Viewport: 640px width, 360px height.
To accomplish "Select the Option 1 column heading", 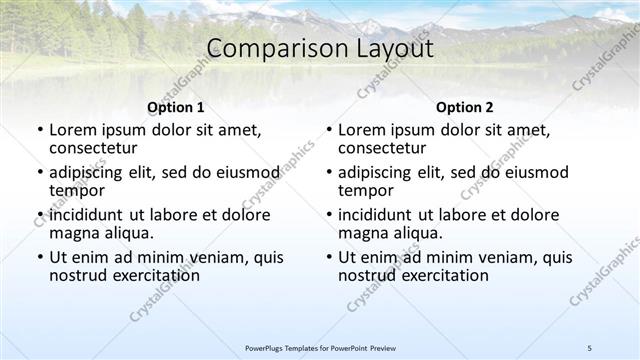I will [175, 107].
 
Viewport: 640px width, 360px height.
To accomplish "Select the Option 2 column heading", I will [464, 107].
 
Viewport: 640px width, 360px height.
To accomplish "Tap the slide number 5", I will [590, 347].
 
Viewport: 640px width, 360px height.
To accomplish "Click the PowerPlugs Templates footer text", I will [320, 347].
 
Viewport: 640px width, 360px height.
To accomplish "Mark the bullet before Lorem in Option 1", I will [39, 131].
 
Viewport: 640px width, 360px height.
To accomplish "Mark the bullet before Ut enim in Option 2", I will [328, 257].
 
